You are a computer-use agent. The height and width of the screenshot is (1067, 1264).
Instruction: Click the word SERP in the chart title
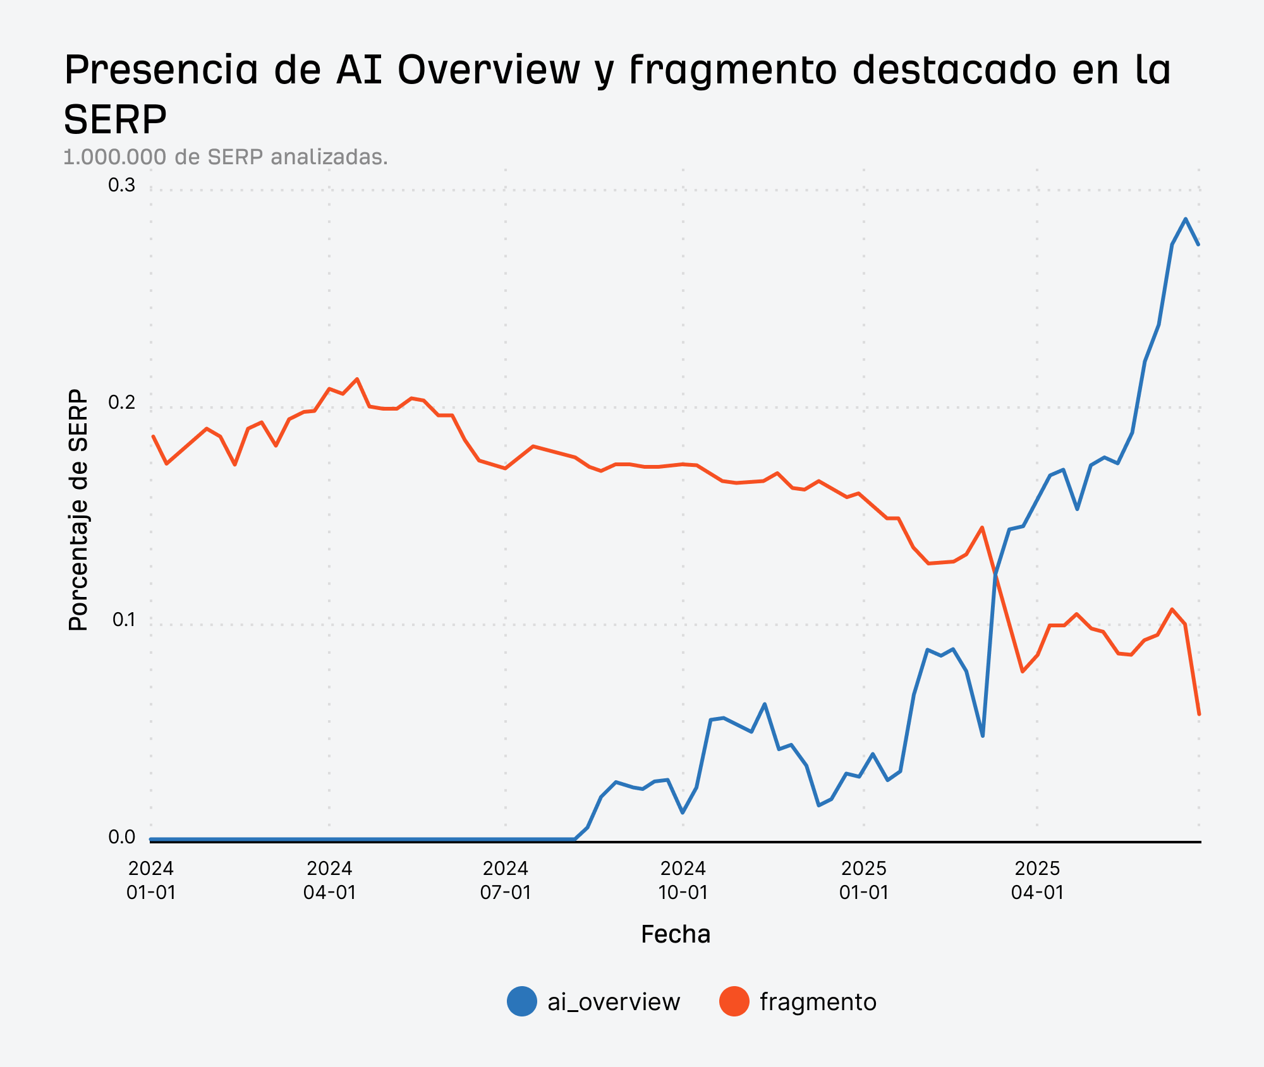(x=115, y=119)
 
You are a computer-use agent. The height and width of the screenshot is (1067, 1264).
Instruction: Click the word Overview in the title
(x=489, y=69)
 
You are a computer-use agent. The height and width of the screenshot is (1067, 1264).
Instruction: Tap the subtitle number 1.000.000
(x=115, y=157)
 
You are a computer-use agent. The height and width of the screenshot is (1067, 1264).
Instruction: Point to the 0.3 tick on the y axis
(x=121, y=186)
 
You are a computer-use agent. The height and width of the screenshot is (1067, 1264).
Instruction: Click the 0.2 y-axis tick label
(x=121, y=402)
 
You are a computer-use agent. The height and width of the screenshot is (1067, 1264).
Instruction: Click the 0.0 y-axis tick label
(x=121, y=837)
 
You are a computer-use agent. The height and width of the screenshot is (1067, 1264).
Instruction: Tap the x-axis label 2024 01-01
(x=151, y=880)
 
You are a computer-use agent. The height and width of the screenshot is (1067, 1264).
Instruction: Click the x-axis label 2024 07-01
(x=506, y=880)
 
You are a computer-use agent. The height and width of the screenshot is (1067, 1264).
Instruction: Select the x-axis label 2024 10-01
(x=683, y=880)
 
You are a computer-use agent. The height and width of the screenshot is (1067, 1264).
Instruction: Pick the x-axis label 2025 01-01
(x=864, y=880)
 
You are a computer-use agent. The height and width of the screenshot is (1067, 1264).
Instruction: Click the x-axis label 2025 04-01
(x=1037, y=880)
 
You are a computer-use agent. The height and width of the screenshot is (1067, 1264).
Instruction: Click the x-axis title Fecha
(x=676, y=934)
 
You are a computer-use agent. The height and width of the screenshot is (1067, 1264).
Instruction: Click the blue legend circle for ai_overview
(x=522, y=1001)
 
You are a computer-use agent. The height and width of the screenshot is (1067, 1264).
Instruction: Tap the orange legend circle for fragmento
(x=734, y=1001)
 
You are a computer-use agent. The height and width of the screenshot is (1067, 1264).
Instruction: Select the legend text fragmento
(x=818, y=1002)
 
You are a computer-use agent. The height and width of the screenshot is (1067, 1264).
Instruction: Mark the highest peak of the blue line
(x=1186, y=219)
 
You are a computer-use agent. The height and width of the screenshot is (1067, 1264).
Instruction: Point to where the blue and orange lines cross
(x=995, y=573)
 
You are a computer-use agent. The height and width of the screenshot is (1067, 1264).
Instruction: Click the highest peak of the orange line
(x=357, y=379)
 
